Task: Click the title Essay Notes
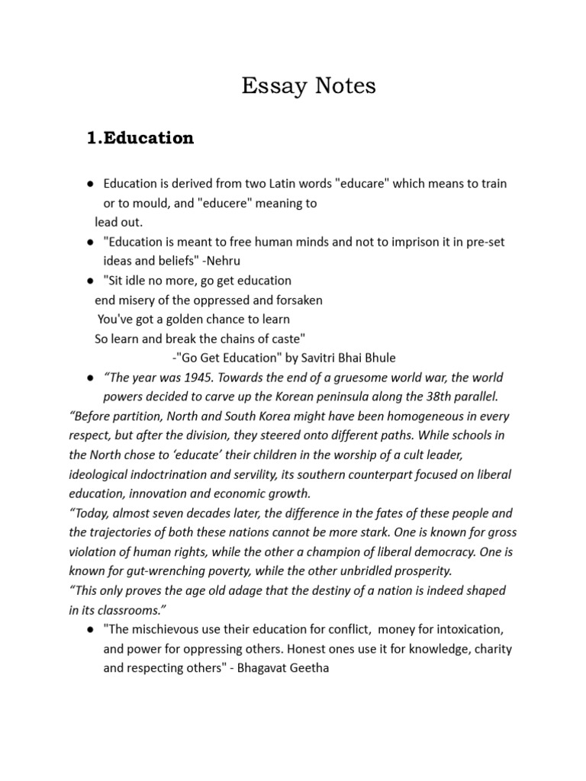[x=308, y=86]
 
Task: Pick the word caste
[x=290, y=338]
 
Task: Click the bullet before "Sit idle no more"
[x=90, y=281]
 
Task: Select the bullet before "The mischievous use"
[x=90, y=630]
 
